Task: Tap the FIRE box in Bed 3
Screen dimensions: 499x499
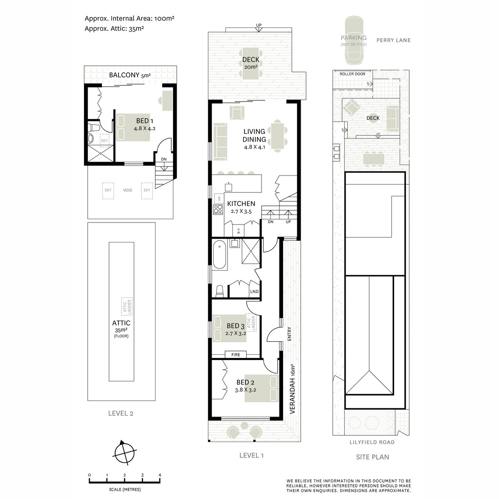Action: pos(235,354)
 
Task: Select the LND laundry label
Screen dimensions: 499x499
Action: pos(254,292)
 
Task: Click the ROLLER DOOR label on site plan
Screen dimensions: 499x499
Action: pos(352,74)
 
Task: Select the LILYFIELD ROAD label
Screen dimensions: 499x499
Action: pos(373,442)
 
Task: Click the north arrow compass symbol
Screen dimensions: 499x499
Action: pos(124,452)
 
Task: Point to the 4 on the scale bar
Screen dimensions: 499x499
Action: pos(160,475)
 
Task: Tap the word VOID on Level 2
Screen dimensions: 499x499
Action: pos(128,190)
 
